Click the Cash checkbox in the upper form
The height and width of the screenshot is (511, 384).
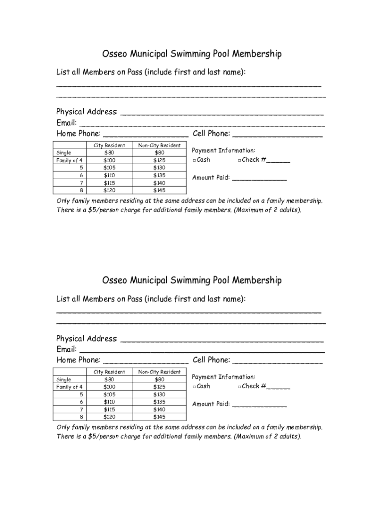click(194, 160)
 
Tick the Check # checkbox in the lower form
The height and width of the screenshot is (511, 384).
click(239, 387)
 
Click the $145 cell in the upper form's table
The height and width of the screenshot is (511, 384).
click(159, 190)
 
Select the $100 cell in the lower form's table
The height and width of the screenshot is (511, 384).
click(109, 387)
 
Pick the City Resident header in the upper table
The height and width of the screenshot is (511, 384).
click(109, 145)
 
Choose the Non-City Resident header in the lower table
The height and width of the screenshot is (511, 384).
click(159, 372)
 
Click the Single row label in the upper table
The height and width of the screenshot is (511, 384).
click(64, 153)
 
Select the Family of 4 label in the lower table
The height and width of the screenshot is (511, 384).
click(69, 387)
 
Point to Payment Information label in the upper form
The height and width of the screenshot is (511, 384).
click(223, 150)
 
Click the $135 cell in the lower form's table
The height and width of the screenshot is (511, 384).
click(159, 402)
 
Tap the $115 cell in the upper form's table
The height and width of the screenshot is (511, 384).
click(109, 183)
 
